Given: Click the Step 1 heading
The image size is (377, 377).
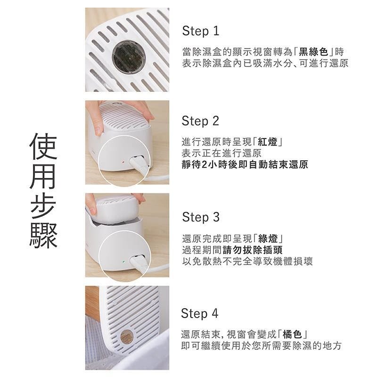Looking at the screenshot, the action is [x=201, y=31].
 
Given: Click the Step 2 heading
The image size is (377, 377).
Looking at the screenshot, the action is [x=200, y=121].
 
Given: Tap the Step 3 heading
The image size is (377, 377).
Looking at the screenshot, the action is [x=201, y=217].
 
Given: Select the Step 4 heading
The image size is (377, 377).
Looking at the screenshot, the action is [x=199, y=313].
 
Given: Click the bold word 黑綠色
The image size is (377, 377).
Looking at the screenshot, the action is [x=313, y=52].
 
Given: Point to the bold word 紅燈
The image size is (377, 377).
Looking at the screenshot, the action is [x=268, y=142].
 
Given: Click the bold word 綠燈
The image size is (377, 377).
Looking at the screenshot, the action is [x=268, y=239].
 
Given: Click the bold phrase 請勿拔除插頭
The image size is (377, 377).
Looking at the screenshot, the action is [x=253, y=250].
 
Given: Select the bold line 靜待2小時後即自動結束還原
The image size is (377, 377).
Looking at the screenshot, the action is [x=245, y=164].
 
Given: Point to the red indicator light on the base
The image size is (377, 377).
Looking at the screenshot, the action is [x=123, y=162].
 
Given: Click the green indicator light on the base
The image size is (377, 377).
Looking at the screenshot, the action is [x=123, y=262].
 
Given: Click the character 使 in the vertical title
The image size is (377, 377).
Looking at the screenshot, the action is [x=43, y=147].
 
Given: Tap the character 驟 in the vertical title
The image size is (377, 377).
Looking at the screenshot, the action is [x=43, y=235].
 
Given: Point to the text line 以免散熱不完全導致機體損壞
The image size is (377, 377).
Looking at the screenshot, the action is [x=247, y=262].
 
